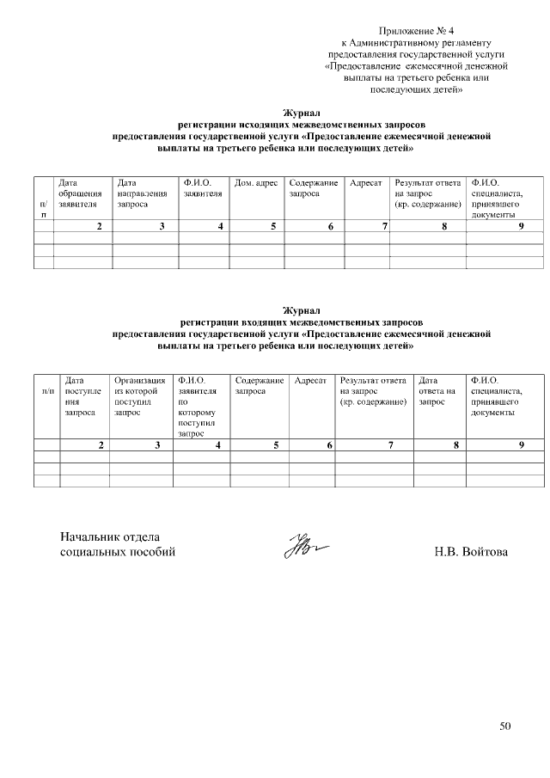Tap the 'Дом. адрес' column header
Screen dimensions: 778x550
coord(255,183)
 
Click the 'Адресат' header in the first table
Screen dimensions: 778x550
coord(366,183)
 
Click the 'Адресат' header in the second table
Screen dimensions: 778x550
coord(310,380)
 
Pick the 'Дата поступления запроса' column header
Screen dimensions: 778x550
coord(82,396)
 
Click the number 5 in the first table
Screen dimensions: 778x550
coord(273,226)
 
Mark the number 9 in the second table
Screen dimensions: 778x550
coord(521,445)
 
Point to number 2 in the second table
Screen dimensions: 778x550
coord(101,445)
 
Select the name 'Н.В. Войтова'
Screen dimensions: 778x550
coord(471,551)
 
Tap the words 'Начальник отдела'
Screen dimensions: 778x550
coord(109,537)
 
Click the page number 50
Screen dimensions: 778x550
coord(505,726)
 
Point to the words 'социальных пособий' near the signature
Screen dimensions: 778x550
coord(117,552)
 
